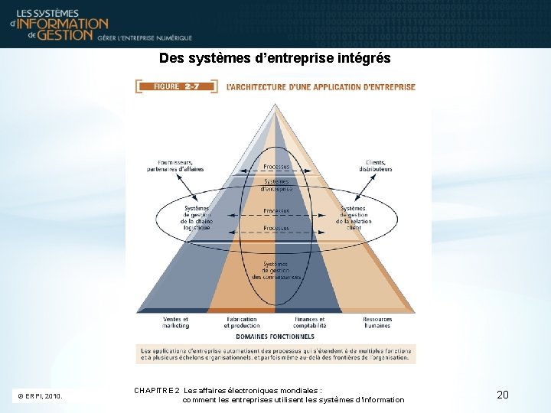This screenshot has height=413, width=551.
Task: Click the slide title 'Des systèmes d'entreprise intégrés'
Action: (x=275, y=58)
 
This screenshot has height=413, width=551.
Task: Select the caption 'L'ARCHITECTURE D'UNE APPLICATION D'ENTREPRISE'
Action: (x=321, y=87)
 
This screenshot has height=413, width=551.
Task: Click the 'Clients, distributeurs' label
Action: (x=374, y=165)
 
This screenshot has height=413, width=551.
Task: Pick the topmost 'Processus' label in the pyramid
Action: (x=276, y=166)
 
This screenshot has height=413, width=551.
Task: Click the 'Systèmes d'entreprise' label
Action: (x=276, y=184)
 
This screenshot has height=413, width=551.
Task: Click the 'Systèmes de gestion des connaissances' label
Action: (x=275, y=269)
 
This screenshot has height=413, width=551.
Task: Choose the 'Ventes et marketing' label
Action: (x=176, y=322)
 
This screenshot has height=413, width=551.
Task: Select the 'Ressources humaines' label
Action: (x=378, y=322)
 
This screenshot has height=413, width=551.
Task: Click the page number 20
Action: (x=503, y=395)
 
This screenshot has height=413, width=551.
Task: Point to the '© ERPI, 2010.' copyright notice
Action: (x=40, y=396)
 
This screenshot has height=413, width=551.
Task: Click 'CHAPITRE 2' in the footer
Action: (x=156, y=390)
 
